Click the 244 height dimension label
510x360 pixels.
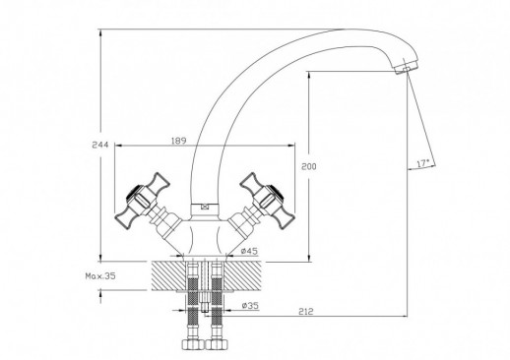coord(100,145)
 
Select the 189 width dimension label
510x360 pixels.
coord(178,141)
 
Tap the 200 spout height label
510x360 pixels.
coord(309,166)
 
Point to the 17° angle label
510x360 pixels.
coord(423,163)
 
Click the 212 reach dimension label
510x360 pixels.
coord(306,311)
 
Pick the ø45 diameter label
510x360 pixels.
coord(249,251)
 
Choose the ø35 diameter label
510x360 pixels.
coord(250,306)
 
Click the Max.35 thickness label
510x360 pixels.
coord(100,276)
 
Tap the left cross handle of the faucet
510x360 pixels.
coord(141,201)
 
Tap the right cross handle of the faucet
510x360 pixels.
coord(266,201)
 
